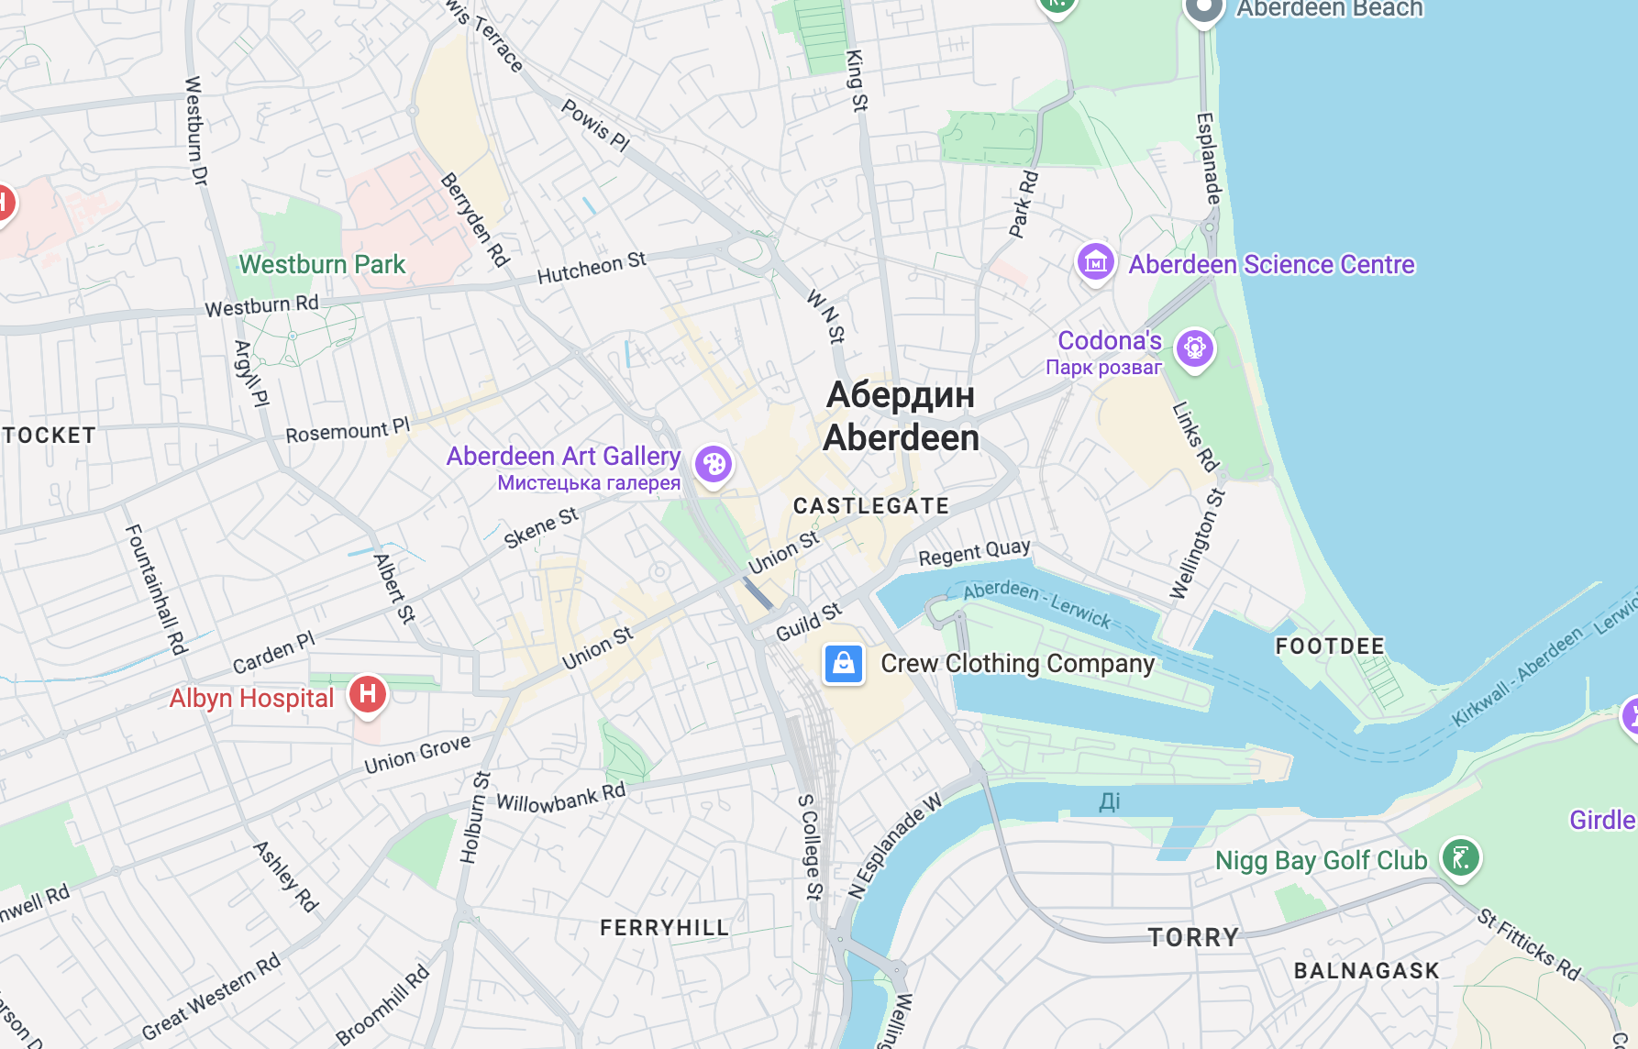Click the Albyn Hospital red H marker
368,693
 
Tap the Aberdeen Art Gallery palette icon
713,464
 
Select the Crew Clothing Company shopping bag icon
844,663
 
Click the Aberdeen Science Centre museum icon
1095,263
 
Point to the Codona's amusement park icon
1194,348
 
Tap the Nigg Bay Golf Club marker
1460,858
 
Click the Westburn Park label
322,265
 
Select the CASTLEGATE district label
870,506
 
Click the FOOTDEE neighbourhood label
1330,646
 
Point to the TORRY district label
1193,937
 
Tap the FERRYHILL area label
664,928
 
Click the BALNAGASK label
1366,971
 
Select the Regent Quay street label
974,553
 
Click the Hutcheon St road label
592,268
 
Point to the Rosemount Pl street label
347,431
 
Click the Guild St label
808,623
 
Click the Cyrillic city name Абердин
900,395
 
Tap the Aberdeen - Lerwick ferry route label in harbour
1036,603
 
